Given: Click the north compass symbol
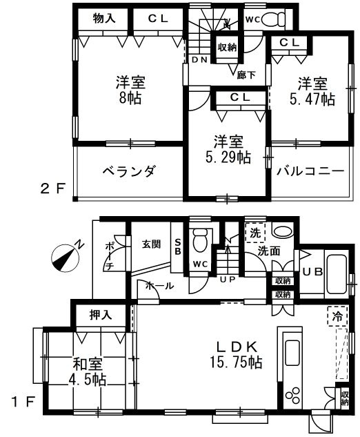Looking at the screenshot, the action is [66, 257].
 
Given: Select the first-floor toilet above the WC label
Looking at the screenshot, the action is [201, 240].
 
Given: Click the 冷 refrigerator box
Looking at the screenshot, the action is [338, 316].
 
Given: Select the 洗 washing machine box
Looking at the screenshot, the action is [254, 233].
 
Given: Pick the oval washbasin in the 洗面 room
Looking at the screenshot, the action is [283, 231].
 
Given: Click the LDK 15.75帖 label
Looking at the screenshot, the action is [236, 355].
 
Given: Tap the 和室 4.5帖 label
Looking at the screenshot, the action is [88, 371].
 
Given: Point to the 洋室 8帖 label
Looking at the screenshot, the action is [130, 90].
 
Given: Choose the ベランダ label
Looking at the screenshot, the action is [128, 172].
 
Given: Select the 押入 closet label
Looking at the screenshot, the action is [101, 315].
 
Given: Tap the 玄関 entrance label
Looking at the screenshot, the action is [152, 244].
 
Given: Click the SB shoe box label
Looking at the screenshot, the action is [178, 246].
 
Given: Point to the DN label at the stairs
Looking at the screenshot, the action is [199, 59].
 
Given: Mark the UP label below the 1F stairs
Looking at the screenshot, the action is [228, 280].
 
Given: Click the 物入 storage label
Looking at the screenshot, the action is [104, 19].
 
